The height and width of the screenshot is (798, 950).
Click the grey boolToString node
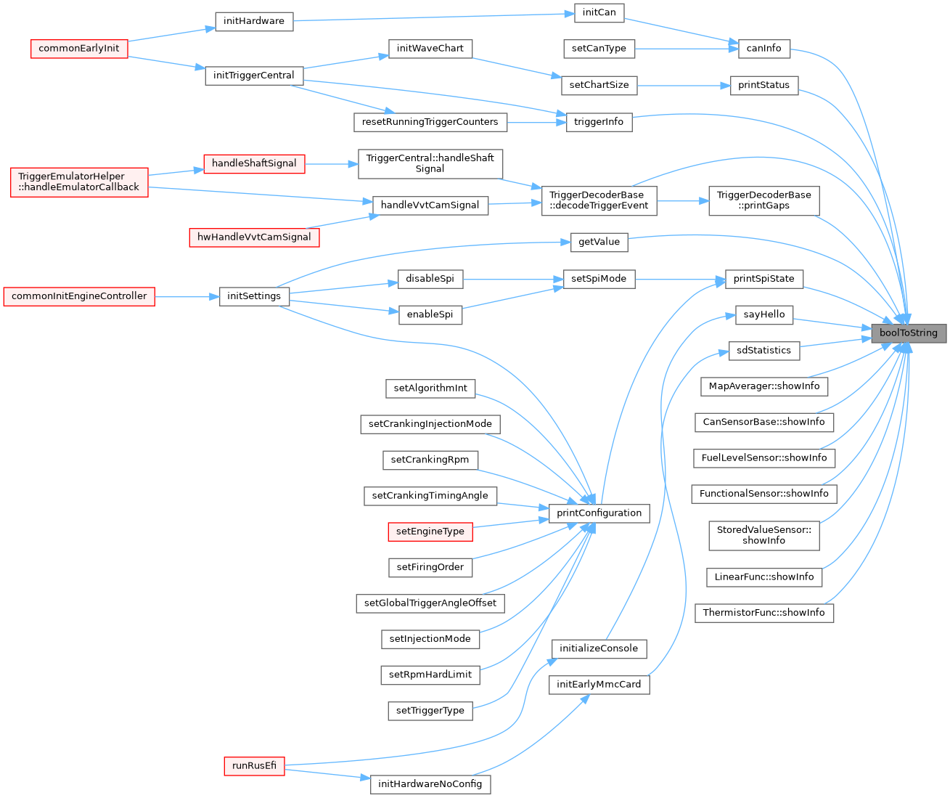tap(909, 333)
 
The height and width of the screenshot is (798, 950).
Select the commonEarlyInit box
tap(79, 49)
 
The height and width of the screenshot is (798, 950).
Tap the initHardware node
tap(254, 21)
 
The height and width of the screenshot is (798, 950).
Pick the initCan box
tap(599, 12)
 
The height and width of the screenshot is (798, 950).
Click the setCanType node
tap(599, 49)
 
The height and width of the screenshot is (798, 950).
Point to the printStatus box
tap(763, 85)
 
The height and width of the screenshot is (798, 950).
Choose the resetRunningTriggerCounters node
tap(430, 122)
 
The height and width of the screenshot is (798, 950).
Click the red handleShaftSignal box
tap(254, 163)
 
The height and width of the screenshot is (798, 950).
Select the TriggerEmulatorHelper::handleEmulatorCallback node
tap(79, 182)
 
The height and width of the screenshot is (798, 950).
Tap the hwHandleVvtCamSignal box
tap(254, 237)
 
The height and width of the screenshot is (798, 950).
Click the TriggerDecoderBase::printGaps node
tap(763, 200)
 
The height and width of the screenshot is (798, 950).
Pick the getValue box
tap(599, 242)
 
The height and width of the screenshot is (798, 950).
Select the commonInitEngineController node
tap(79, 296)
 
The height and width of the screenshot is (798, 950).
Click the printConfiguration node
tap(599, 513)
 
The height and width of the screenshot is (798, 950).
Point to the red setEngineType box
tap(430, 532)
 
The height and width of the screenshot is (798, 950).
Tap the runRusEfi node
tap(254, 766)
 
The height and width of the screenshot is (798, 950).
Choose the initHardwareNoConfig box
tap(430, 784)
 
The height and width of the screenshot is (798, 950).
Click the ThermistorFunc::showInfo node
tap(763, 613)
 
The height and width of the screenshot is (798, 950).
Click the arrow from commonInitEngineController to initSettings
tap(187, 296)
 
